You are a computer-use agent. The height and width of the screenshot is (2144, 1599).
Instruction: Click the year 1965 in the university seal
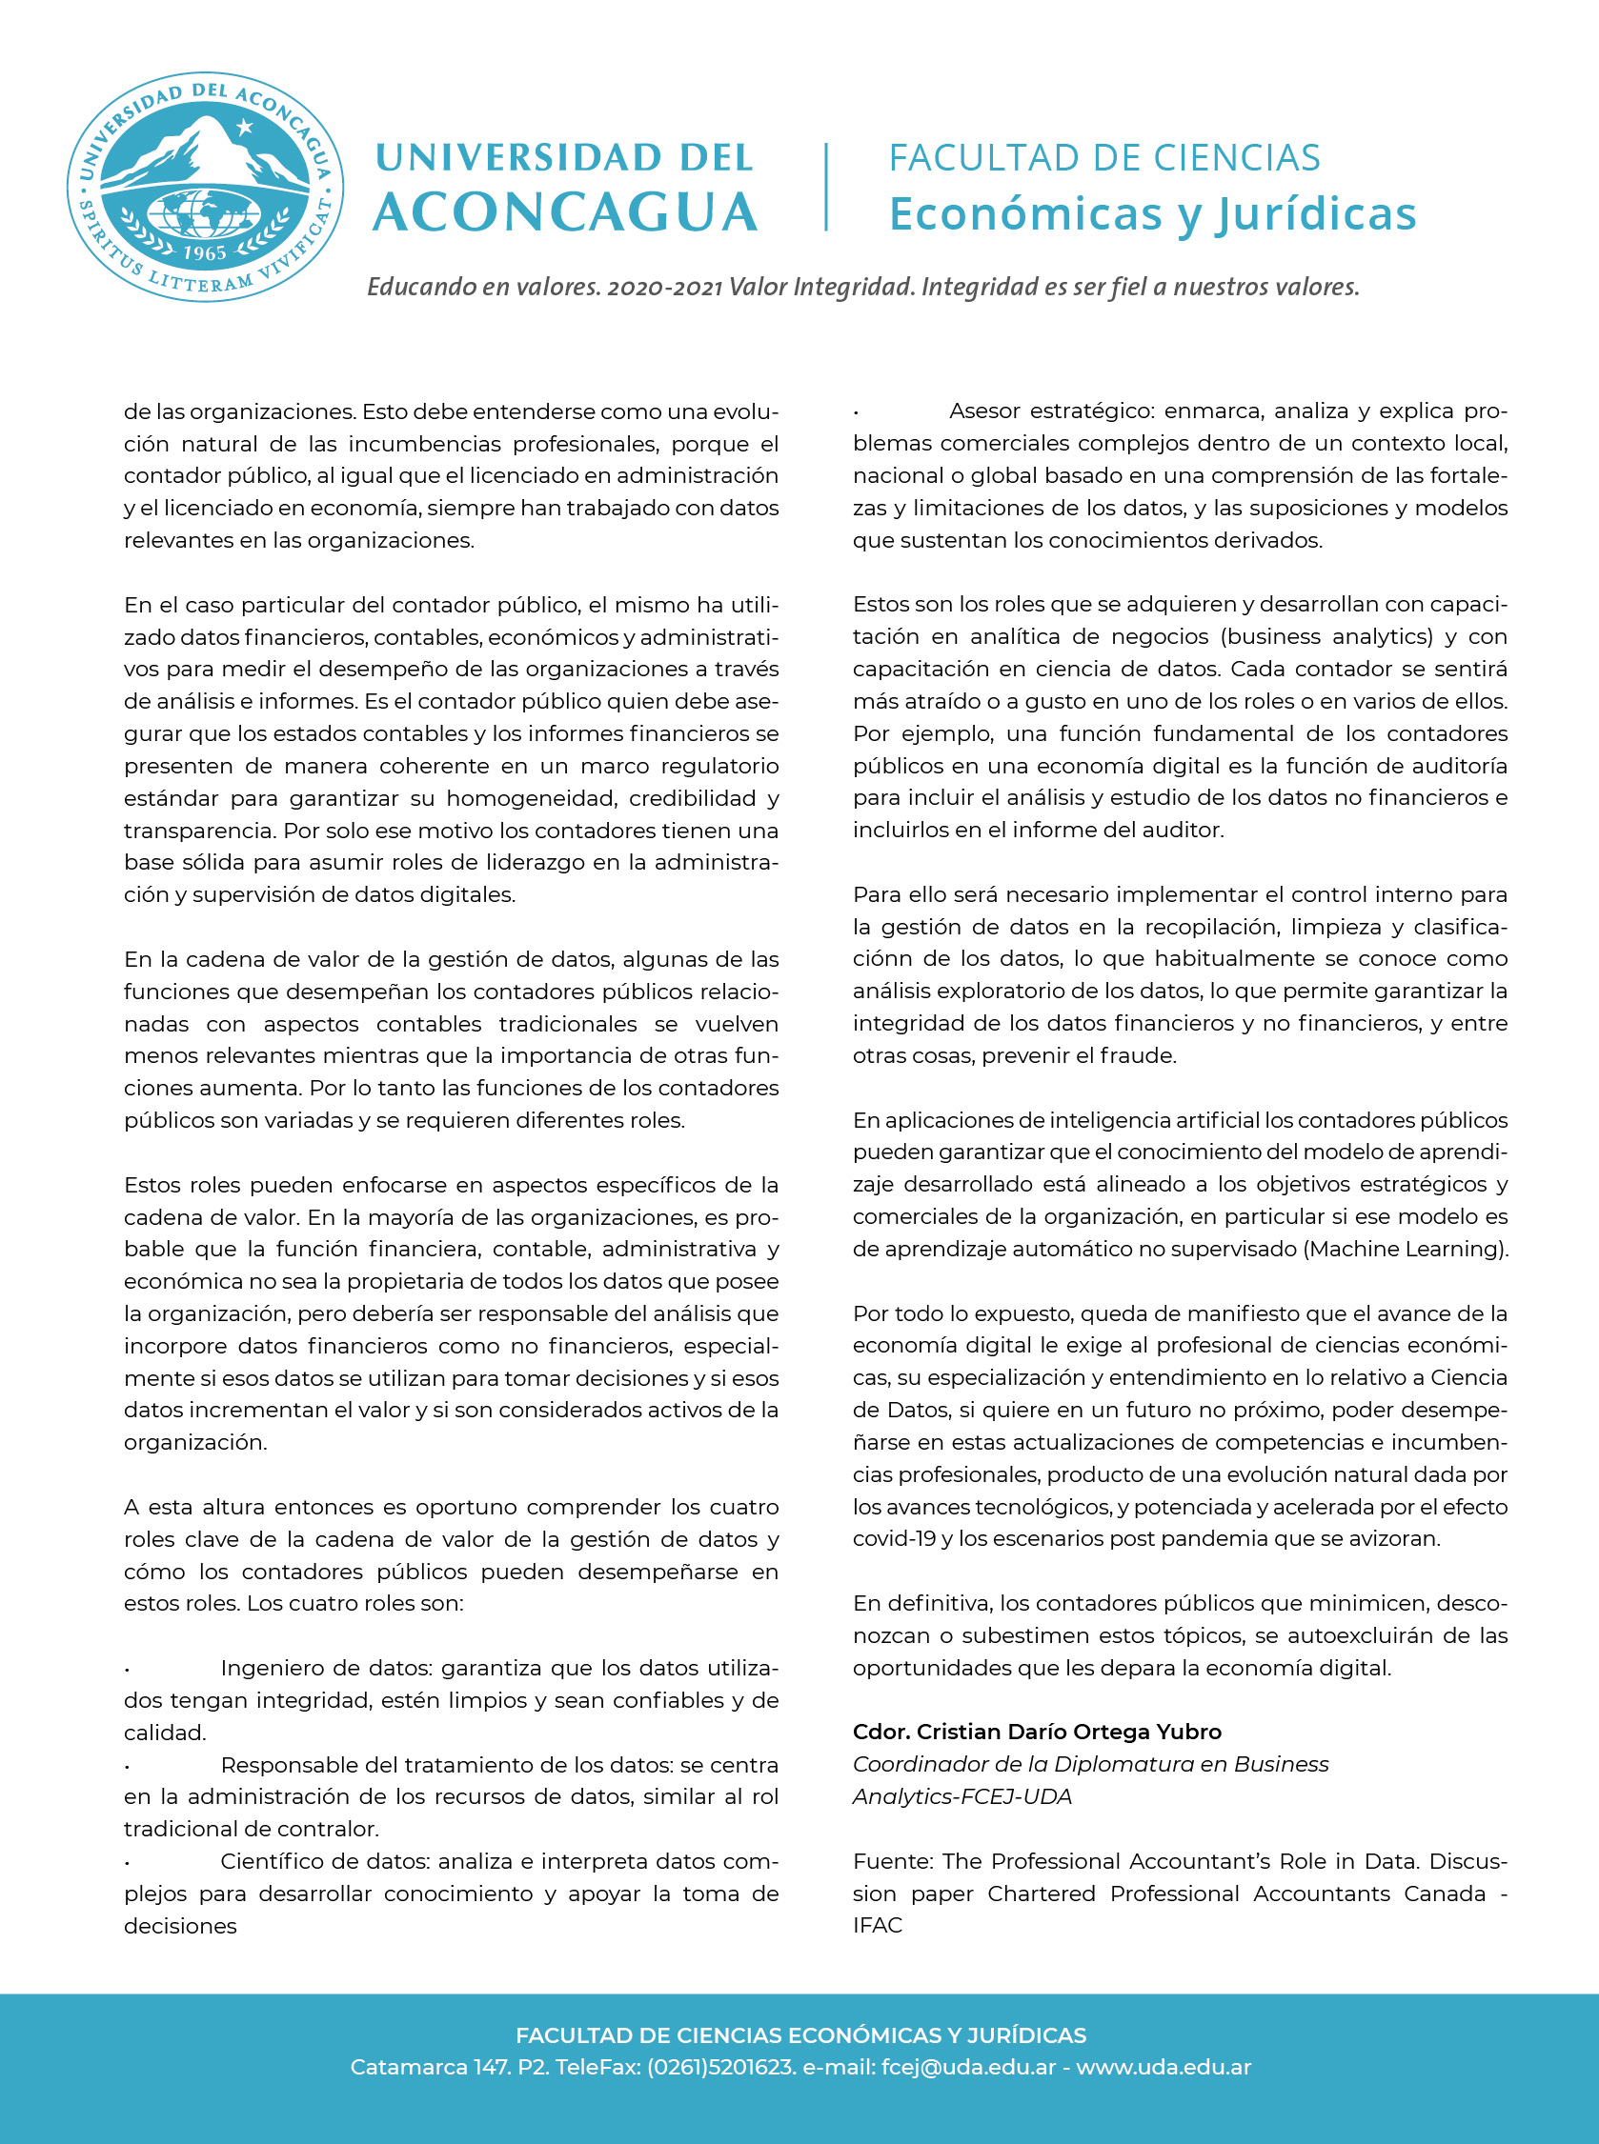[x=204, y=252]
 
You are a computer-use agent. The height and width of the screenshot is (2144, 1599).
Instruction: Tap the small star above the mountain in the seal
[x=245, y=127]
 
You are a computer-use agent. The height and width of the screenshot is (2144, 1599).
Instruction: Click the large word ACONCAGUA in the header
[x=565, y=212]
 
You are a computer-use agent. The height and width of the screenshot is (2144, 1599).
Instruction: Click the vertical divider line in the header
[x=825, y=187]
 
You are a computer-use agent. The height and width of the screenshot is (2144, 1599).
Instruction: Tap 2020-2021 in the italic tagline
[x=664, y=288]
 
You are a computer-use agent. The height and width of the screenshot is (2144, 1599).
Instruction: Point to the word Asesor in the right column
[x=982, y=411]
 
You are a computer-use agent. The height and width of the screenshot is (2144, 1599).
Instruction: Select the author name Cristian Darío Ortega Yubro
[x=1068, y=1732]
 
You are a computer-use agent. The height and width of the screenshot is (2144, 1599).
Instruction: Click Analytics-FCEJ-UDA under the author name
[x=962, y=1796]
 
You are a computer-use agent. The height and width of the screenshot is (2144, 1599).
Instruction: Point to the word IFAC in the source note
[x=878, y=1925]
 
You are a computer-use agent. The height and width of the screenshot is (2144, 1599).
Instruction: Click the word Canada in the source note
[x=1444, y=1894]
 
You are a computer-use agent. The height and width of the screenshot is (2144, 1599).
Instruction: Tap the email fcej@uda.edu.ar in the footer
[x=968, y=2068]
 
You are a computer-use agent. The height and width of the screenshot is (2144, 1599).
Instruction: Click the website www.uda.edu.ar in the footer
[x=1164, y=2068]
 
